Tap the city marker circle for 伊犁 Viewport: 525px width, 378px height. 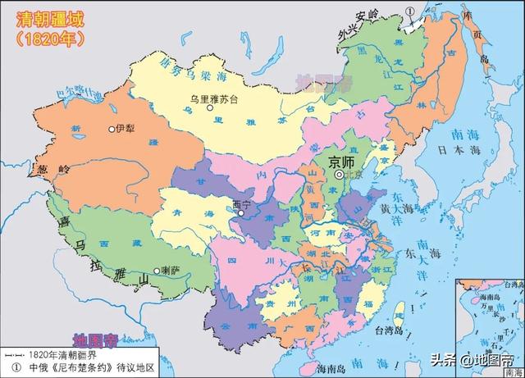(x=112, y=130)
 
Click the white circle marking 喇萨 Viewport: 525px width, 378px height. (x=157, y=269)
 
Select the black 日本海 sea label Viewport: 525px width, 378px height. (x=462, y=151)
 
